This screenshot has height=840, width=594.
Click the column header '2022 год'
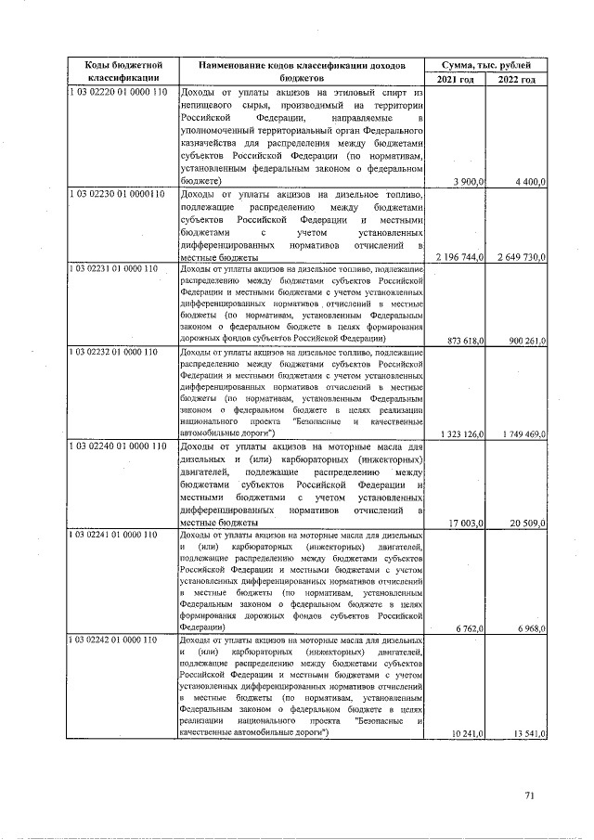click(516, 80)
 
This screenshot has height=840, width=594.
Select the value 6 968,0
click(526, 629)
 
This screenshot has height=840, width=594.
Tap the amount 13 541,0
click(524, 734)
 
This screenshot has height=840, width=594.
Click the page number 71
click(530, 795)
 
